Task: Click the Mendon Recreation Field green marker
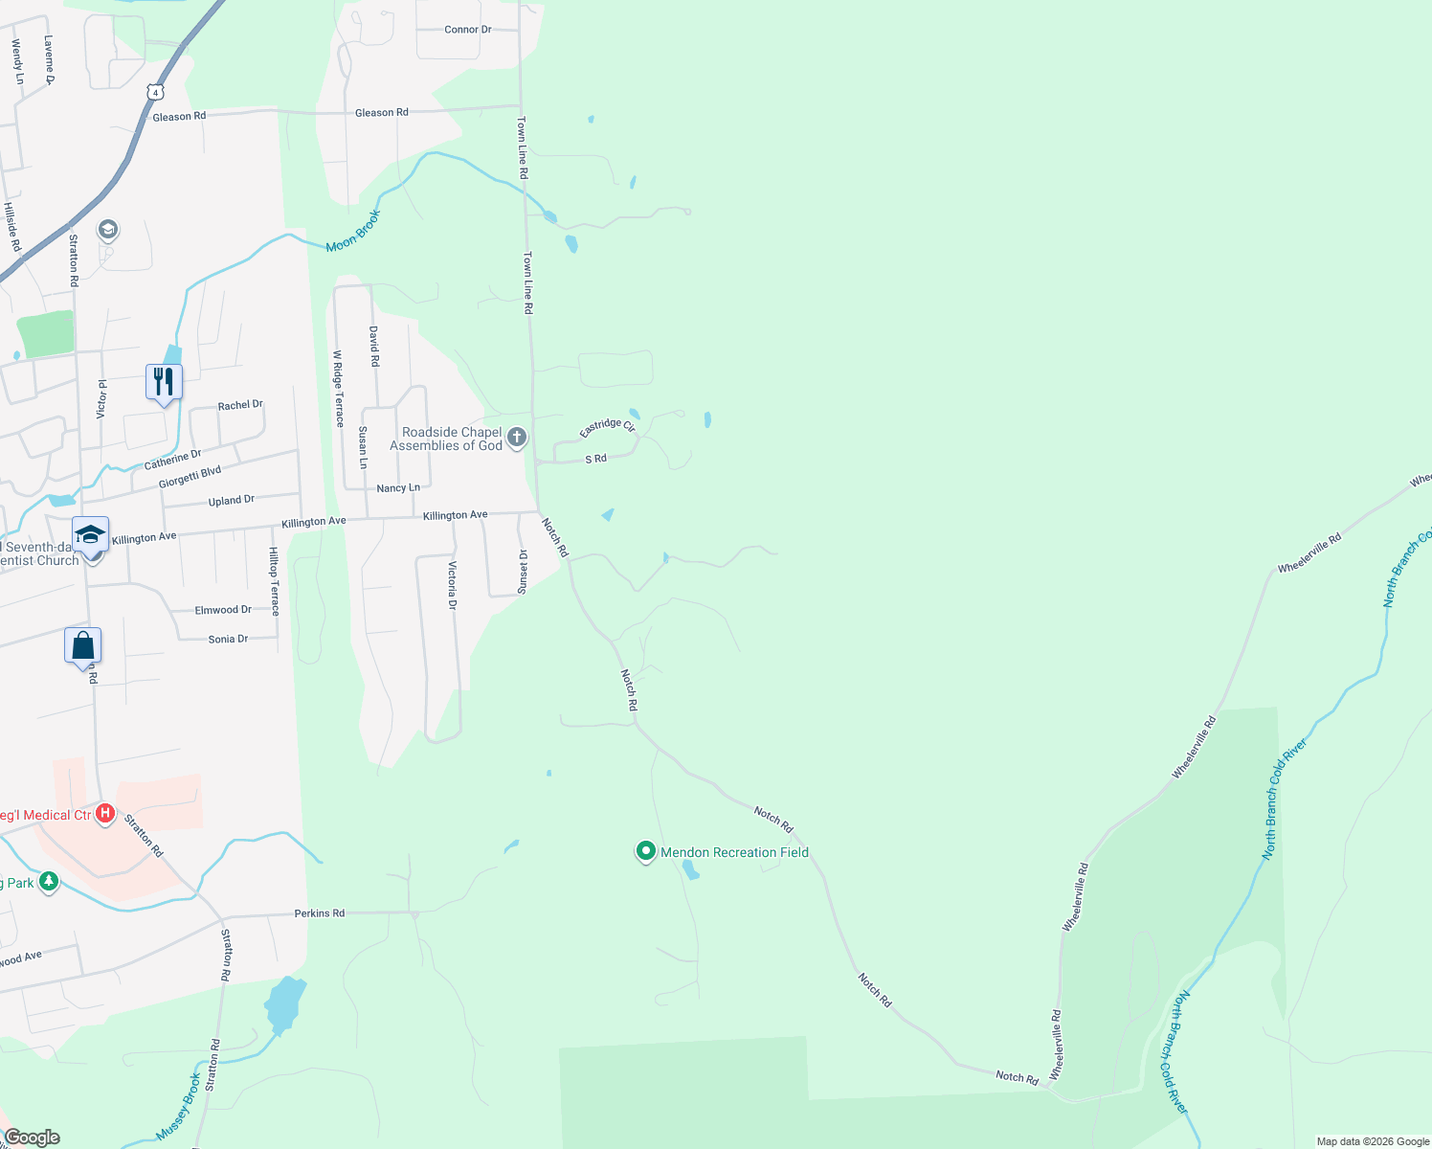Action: [x=646, y=850]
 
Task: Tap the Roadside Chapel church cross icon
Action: [x=517, y=439]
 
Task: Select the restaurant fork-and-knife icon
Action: [x=164, y=382]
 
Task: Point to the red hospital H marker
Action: [x=106, y=815]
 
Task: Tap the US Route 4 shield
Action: [x=156, y=92]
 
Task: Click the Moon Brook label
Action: [x=352, y=232]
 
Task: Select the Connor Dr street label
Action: [x=467, y=30]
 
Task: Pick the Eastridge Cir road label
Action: [x=607, y=427]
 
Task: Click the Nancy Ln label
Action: [x=398, y=488]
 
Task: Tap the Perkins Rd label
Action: [x=319, y=913]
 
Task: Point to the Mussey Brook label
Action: [x=179, y=1106]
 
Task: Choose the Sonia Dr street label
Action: [x=228, y=639]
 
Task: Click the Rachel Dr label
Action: [x=239, y=405]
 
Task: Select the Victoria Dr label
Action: [x=453, y=585]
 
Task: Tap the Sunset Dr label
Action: [x=523, y=572]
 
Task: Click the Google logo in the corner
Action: [x=32, y=1138]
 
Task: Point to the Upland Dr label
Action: [x=231, y=501]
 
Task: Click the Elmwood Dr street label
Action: [x=223, y=610]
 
